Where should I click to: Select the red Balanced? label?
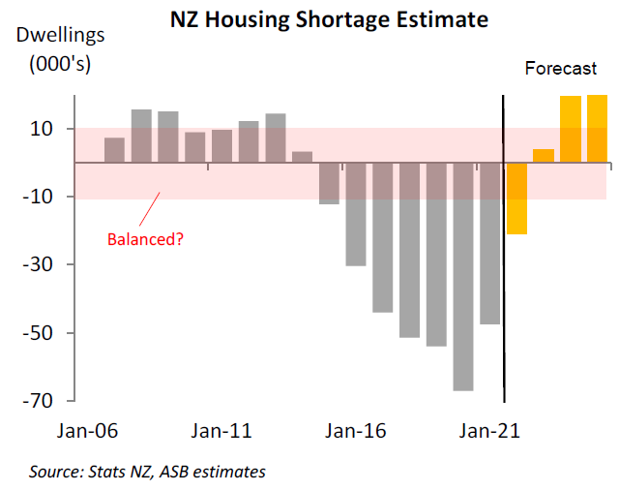pyautogui.click(x=146, y=237)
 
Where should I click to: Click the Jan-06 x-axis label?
pyautogui.click(x=90, y=432)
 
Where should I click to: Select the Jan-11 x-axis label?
pyautogui.click(x=223, y=432)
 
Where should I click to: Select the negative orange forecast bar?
pyautogui.click(x=516, y=199)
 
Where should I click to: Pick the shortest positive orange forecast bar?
pyautogui.click(x=544, y=156)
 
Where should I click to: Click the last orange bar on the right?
pyautogui.click(x=597, y=129)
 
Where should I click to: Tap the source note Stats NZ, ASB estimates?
pyautogui.click(x=147, y=472)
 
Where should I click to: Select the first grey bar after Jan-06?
pyautogui.click(x=114, y=150)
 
